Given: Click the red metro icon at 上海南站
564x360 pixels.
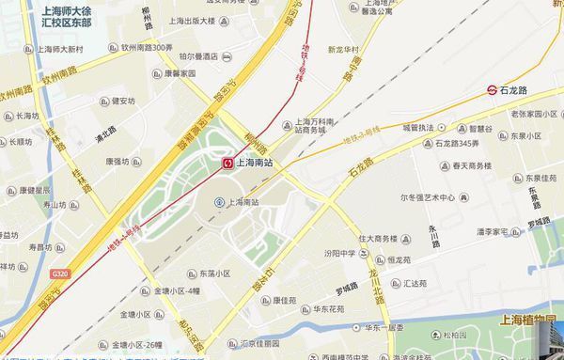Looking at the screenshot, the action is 227,163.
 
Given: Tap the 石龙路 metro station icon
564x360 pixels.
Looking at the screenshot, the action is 492,90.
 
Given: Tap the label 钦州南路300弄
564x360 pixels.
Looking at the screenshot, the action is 141,47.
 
